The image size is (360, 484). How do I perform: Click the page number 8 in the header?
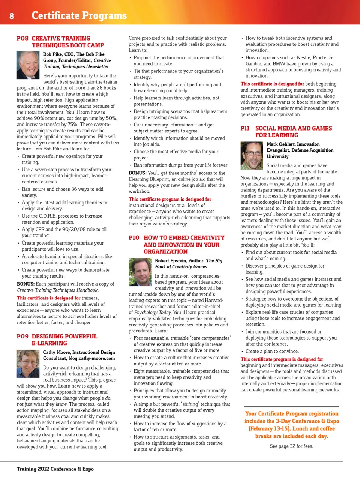(12, 16)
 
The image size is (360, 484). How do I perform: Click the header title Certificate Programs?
(79, 15)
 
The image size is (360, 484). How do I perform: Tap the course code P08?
(22, 38)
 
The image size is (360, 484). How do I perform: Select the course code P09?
(22, 337)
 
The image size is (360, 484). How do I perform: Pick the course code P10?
(134, 238)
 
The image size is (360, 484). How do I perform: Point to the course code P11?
(245, 128)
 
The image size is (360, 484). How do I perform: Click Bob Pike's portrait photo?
(28, 65)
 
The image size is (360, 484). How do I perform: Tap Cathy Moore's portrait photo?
(28, 364)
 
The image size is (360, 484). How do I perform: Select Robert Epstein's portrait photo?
(140, 272)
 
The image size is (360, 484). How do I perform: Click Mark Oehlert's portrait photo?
(252, 155)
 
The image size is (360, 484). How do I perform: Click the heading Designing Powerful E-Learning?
(64, 340)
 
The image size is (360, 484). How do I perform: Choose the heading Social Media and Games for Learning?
(294, 132)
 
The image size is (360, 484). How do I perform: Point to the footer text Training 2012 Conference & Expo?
(55, 469)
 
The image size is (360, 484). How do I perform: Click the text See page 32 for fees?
(291, 446)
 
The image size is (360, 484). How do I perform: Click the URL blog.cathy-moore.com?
(91, 358)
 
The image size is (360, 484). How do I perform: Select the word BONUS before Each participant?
(25, 284)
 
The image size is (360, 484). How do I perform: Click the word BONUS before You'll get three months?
(137, 173)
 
